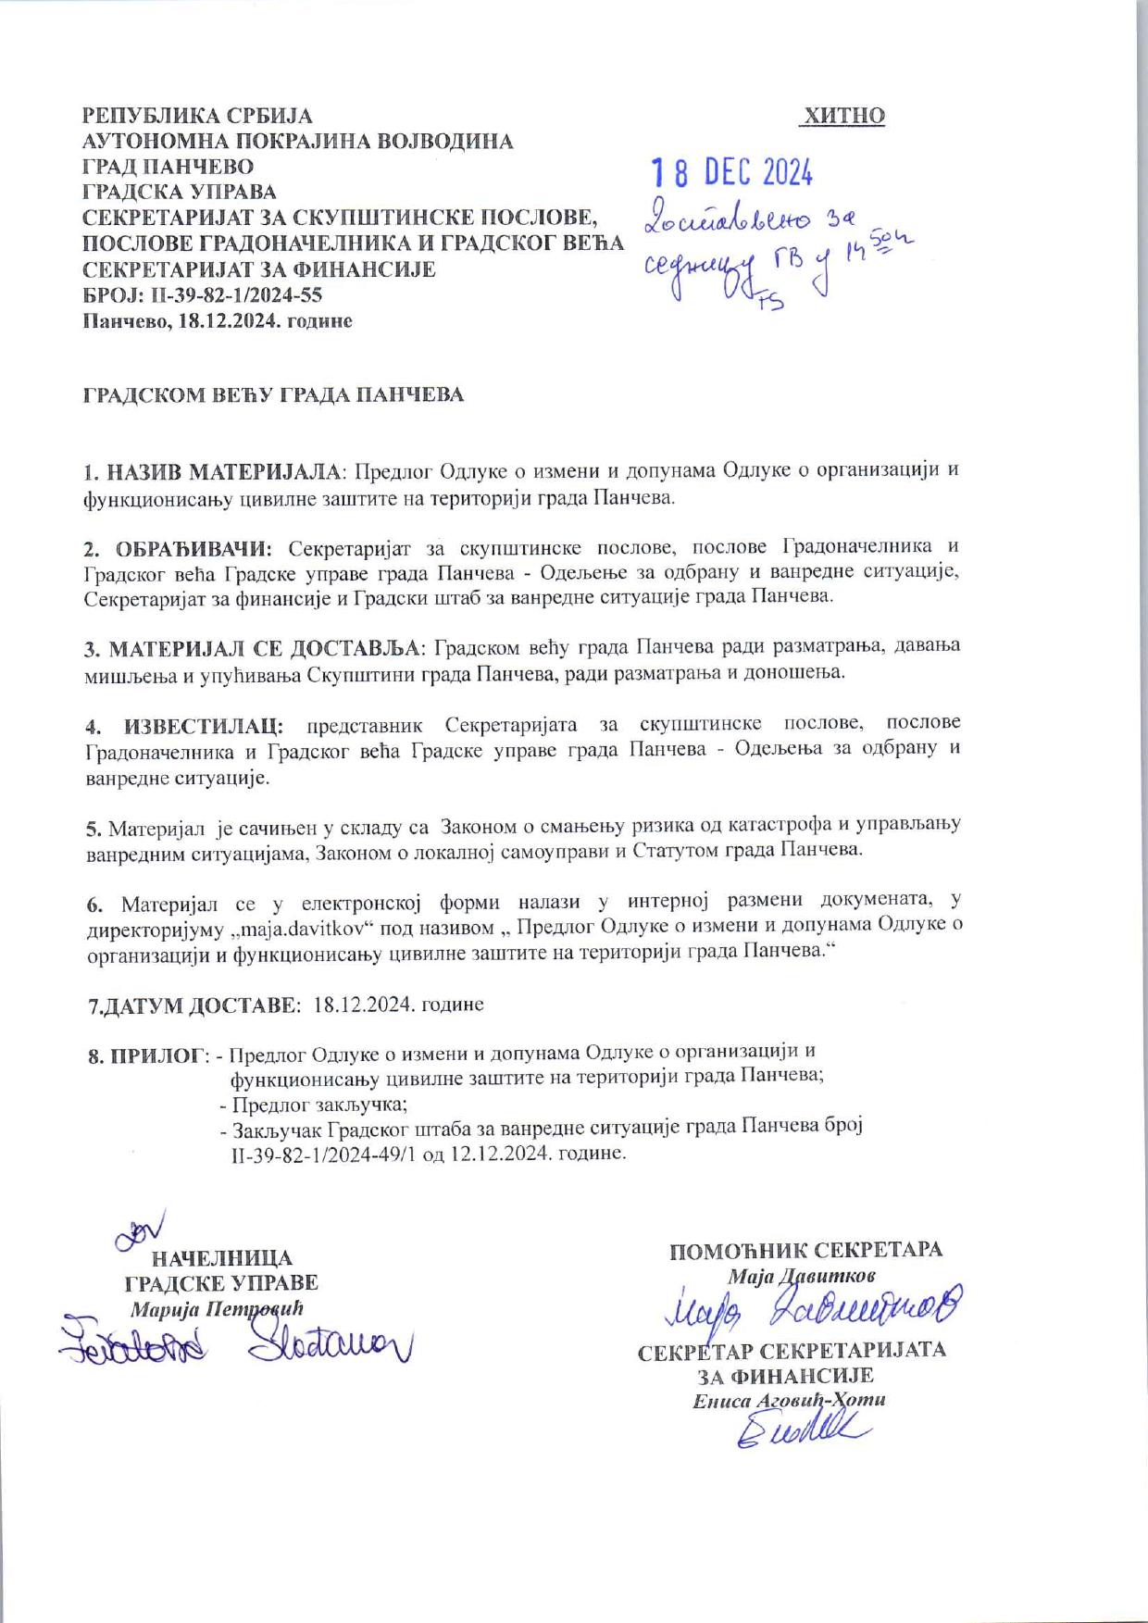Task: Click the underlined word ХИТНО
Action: [x=843, y=116]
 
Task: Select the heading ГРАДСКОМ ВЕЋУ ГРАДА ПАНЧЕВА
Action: [x=273, y=395]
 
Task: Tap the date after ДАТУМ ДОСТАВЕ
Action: [x=398, y=1005]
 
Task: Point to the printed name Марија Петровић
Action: [x=217, y=1310]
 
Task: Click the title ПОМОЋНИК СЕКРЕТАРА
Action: [x=805, y=1250]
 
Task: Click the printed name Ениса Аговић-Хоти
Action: [x=789, y=1400]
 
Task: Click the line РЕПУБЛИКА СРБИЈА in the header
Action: [x=197, y=116]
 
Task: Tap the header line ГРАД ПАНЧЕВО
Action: [x=168, y=167]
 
